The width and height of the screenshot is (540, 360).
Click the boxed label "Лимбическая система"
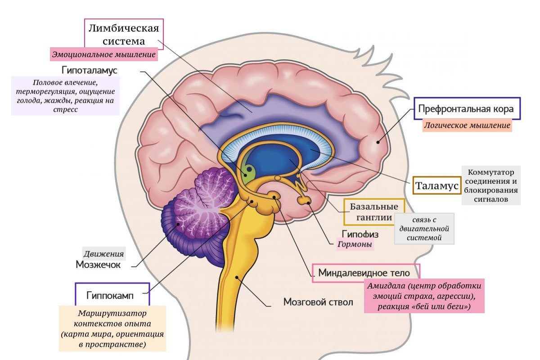click(124, 35)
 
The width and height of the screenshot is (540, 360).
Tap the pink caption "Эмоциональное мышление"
click(104, 55)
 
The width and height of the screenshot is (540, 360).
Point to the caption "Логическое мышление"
click(467, 126)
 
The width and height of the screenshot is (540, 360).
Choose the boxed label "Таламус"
click(436, 185)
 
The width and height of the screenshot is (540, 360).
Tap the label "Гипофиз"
click(360, 234)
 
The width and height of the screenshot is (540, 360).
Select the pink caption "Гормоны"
click(355, 245)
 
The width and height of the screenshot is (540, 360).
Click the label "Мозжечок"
click(98, 265)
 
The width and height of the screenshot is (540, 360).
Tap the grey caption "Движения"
click(103, 253)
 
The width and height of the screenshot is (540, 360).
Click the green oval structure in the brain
click(248, 171)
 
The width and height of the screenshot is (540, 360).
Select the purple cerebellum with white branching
click(202, 207)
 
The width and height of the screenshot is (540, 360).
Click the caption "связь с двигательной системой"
click(424, 229)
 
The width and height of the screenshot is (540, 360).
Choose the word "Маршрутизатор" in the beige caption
click(112, 313)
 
